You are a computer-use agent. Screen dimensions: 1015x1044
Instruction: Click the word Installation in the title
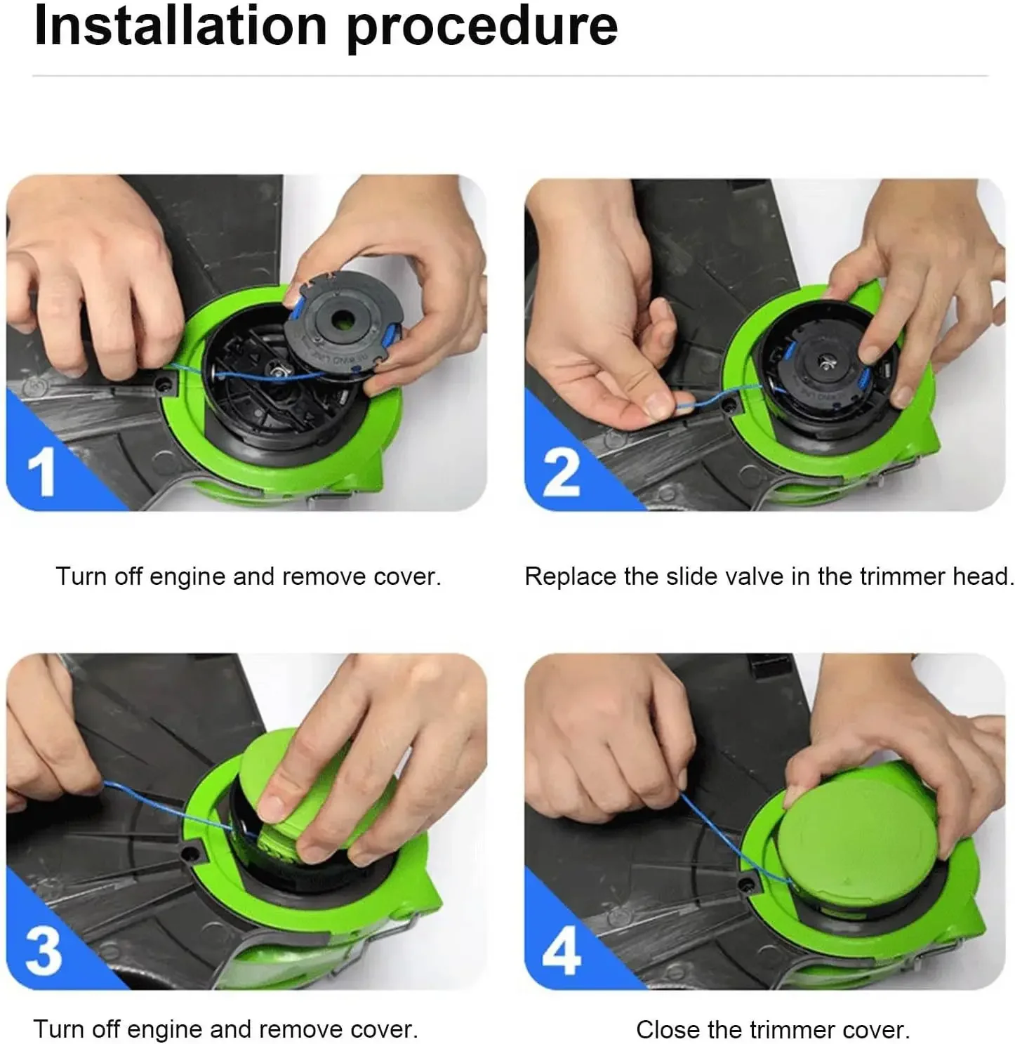[x=180, y=26]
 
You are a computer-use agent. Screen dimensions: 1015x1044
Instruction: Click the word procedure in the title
[x=482, y=30]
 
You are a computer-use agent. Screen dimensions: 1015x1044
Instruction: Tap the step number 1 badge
[x=41, y=470]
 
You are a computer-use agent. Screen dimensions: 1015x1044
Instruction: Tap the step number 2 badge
[x=561, y=471]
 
